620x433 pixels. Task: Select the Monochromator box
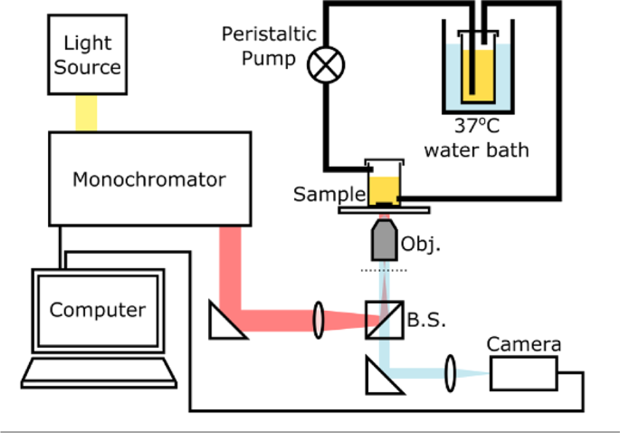pyautogui.click(x=149, y=178)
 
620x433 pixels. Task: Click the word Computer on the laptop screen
pyautogui.click(x=98, y=310)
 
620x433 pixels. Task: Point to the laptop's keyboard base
pyautogui.click(x=97, y=371)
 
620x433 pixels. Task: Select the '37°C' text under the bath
pyautogui.click(x=477, y=126)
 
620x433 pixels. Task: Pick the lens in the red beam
pyautogui.click(x=319, y=320)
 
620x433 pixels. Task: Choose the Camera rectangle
pyautogui.click(x=524, y=372)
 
